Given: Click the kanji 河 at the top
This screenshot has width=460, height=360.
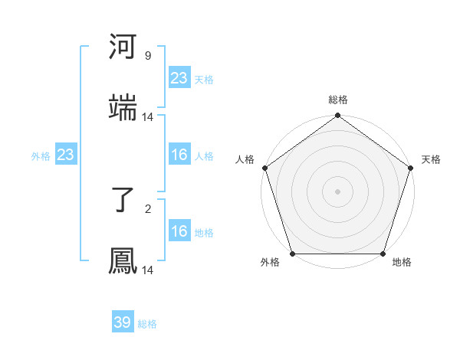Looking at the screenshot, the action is [x=123, y=47].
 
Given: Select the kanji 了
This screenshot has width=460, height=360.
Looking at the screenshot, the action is [x=123, y=200].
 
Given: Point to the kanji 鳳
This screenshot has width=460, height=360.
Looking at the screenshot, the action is [x=123, y=260].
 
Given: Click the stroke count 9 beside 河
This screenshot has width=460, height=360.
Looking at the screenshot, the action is [x=147, y=56].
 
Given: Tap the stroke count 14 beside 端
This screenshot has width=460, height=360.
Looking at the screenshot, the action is [x=148, y=117].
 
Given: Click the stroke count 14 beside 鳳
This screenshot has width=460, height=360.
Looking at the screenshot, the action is [x=148, y=270].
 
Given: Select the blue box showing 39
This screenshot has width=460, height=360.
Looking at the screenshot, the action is [x=123, y=323].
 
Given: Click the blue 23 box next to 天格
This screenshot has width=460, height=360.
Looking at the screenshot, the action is [x=179, y=78].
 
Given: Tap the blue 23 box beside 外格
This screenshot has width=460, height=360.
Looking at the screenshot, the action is [x=66, y=155].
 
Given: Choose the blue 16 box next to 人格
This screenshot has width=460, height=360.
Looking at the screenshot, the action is [x=179, y=155].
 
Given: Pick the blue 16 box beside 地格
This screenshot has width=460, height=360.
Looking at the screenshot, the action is [x=179, y=232].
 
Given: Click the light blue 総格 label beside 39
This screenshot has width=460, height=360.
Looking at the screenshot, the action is [x=147, y=324].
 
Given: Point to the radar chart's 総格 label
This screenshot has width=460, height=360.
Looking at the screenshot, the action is [x=337, y=100].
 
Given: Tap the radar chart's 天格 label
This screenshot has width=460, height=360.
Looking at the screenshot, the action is [x=431, y=159].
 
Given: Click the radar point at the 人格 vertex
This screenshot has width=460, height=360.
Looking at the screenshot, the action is [x=264, y=168].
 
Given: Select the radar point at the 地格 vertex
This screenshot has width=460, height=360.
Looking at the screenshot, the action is [x=383, y=254].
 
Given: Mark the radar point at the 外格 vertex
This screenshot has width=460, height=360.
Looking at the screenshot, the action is [x=292, y=254].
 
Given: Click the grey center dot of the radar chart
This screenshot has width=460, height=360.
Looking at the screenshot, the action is [x=337, y=191].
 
